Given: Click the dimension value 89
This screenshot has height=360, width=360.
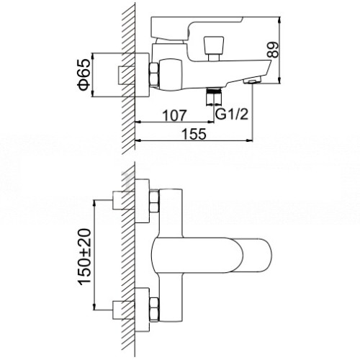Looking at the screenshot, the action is click(273, 50).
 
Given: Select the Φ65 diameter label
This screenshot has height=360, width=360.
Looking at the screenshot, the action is click(84, 75).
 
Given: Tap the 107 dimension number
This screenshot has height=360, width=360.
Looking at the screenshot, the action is click(174, 115).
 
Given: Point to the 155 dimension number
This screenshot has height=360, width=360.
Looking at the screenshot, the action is click(194, 134).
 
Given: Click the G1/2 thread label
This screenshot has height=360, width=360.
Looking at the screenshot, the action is click(232, 114).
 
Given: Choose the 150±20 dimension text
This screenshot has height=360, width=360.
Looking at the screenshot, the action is click(85, 257).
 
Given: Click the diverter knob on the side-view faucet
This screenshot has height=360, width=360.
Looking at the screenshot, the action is click(214, 48).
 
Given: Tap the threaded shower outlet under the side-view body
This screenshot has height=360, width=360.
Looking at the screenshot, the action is click(214, 96).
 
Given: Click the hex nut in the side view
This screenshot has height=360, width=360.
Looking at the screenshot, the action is click(154, 74).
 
